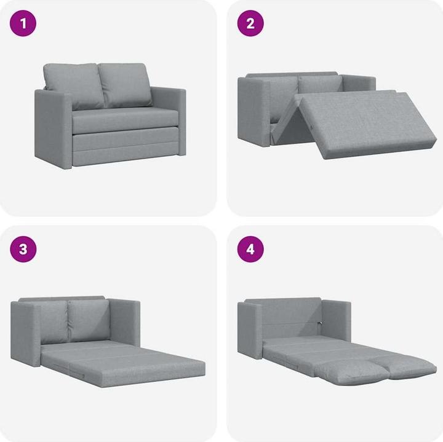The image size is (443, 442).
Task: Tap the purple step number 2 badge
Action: coord(250,23)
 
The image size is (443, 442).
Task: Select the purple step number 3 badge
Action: coord(23,249)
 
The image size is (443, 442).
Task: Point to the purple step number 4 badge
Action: coord(250,249)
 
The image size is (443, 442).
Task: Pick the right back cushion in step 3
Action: coord(88,320)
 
